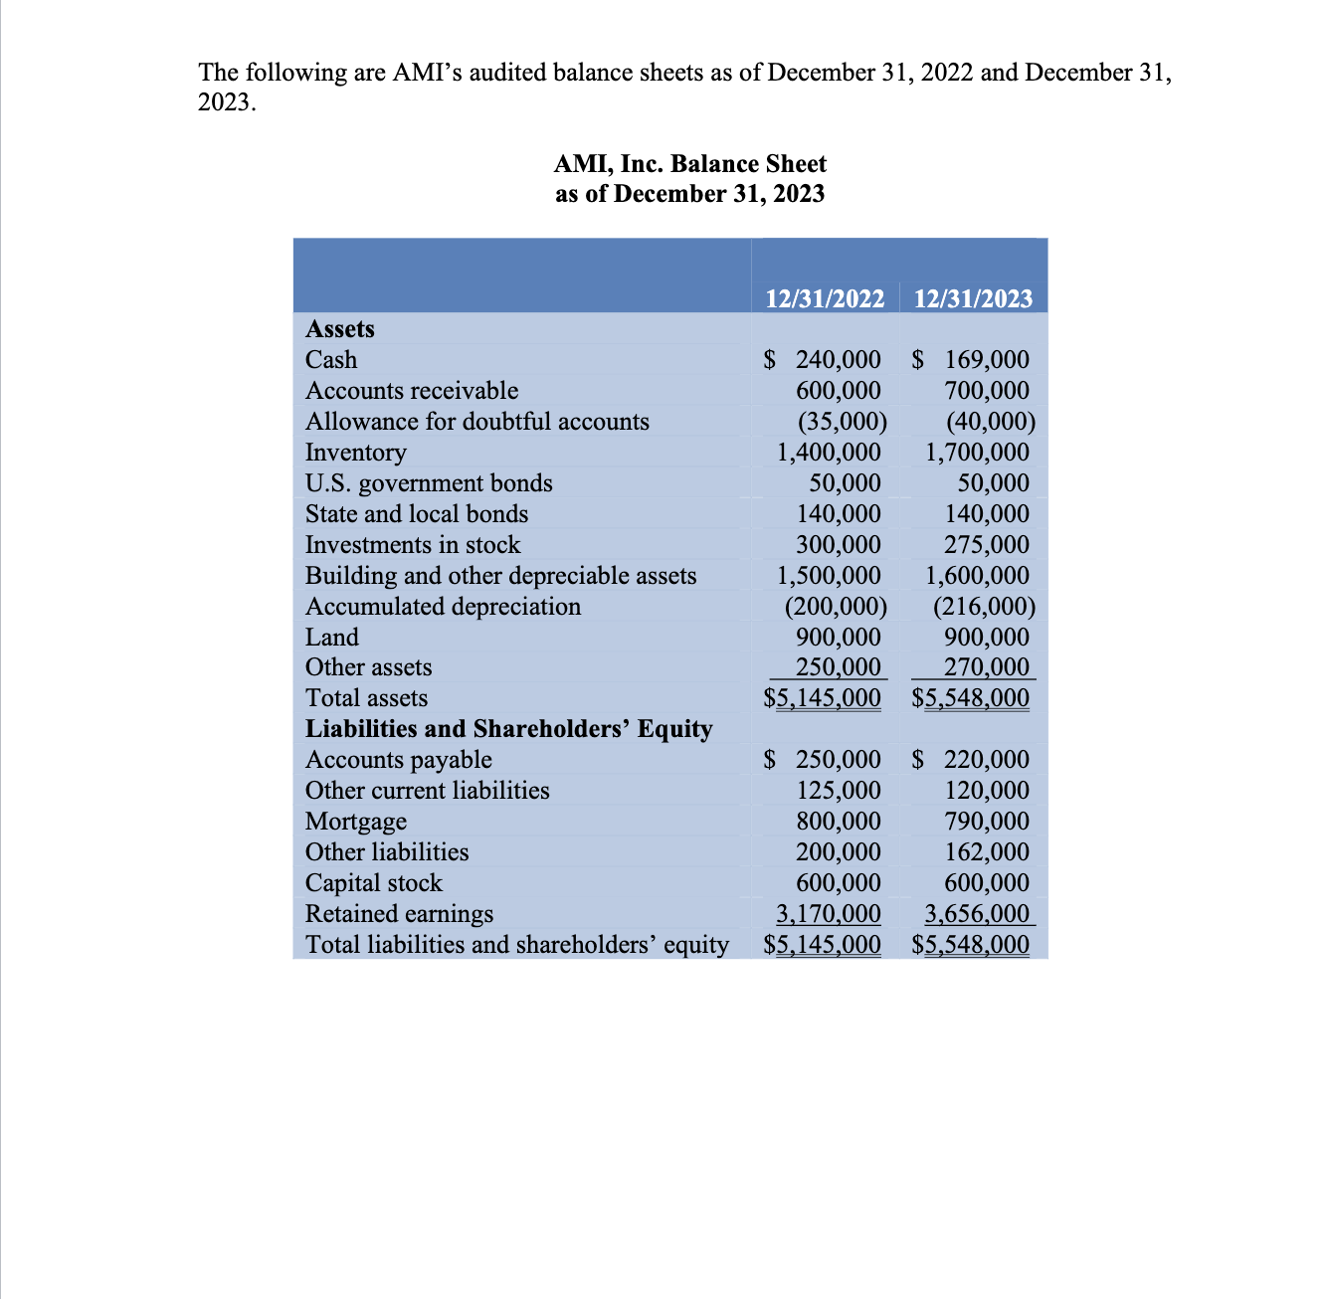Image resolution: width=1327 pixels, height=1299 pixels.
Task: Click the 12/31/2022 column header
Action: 825,298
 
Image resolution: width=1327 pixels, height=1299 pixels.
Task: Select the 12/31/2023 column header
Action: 972,298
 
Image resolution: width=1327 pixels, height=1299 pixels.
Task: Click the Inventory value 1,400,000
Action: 829,453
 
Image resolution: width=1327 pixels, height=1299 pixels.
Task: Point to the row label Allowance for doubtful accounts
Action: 476,422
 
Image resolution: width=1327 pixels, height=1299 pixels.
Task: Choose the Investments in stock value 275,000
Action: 986,545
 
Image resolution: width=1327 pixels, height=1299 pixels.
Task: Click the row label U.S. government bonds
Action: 429,483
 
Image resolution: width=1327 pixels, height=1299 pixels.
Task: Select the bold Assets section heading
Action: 340,329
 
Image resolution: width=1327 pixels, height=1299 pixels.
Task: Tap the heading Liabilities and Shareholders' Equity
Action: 508,729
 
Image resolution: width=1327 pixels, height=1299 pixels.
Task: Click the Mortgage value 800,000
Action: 838,822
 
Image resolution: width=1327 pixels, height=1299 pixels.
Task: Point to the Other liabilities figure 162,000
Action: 986,852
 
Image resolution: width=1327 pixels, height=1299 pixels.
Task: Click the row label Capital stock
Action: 373,883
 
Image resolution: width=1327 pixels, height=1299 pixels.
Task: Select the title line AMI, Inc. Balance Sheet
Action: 690,164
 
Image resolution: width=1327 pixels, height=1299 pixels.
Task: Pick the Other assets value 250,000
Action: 838,667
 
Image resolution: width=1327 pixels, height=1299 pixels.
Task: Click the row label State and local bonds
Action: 416,514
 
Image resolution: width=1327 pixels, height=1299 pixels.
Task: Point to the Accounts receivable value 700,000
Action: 986,391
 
